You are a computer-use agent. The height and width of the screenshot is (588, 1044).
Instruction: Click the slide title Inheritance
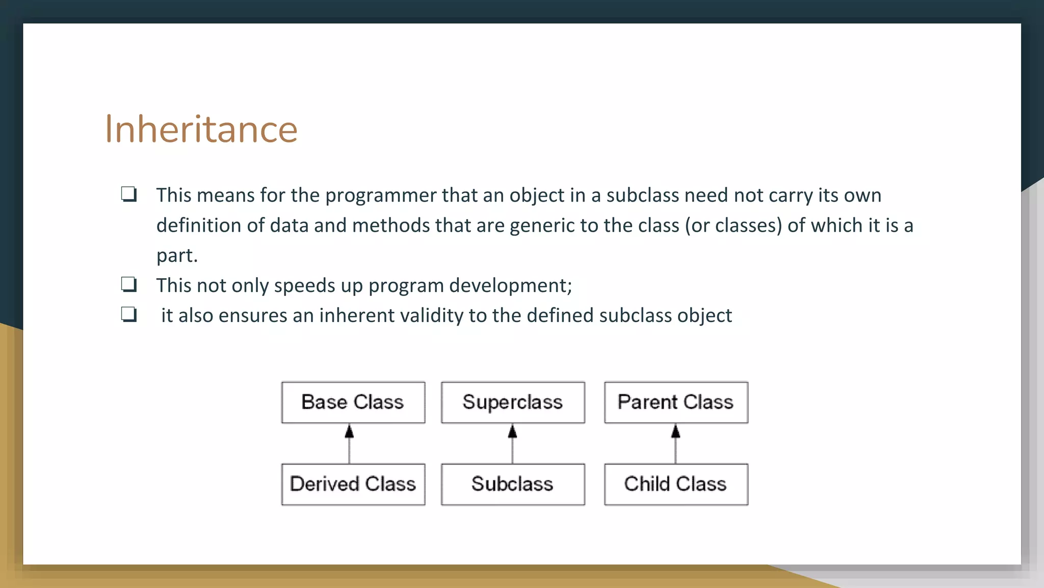(x=201, y=129)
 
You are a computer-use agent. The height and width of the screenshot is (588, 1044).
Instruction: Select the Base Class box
(x=353, y=402)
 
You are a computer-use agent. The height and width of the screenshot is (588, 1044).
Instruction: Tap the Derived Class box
(x=353, y=484)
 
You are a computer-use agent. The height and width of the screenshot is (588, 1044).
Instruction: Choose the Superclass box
(x=512, y=402)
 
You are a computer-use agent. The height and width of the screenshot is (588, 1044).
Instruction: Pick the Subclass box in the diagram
(x=512, y=484)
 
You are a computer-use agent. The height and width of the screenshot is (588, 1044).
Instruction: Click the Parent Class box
(x=675, y=402)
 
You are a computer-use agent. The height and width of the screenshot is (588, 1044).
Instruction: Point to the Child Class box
(x=675, y=484)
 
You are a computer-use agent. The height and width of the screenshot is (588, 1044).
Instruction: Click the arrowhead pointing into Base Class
(x=349, y=432)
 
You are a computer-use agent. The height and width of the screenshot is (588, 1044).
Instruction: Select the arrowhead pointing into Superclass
(x=512, y=432)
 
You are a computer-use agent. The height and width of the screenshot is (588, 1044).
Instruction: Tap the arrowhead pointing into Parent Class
(x=675, y=432)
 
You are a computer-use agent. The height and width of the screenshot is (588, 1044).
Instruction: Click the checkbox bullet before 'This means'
(x=129, y=194)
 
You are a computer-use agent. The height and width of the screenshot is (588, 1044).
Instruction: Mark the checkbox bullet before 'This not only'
(x=129, y=284)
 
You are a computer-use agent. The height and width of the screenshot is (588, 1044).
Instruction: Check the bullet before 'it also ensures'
(x=129, y=314)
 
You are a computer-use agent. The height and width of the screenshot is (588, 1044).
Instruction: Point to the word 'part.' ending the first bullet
(x=177, y=255)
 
